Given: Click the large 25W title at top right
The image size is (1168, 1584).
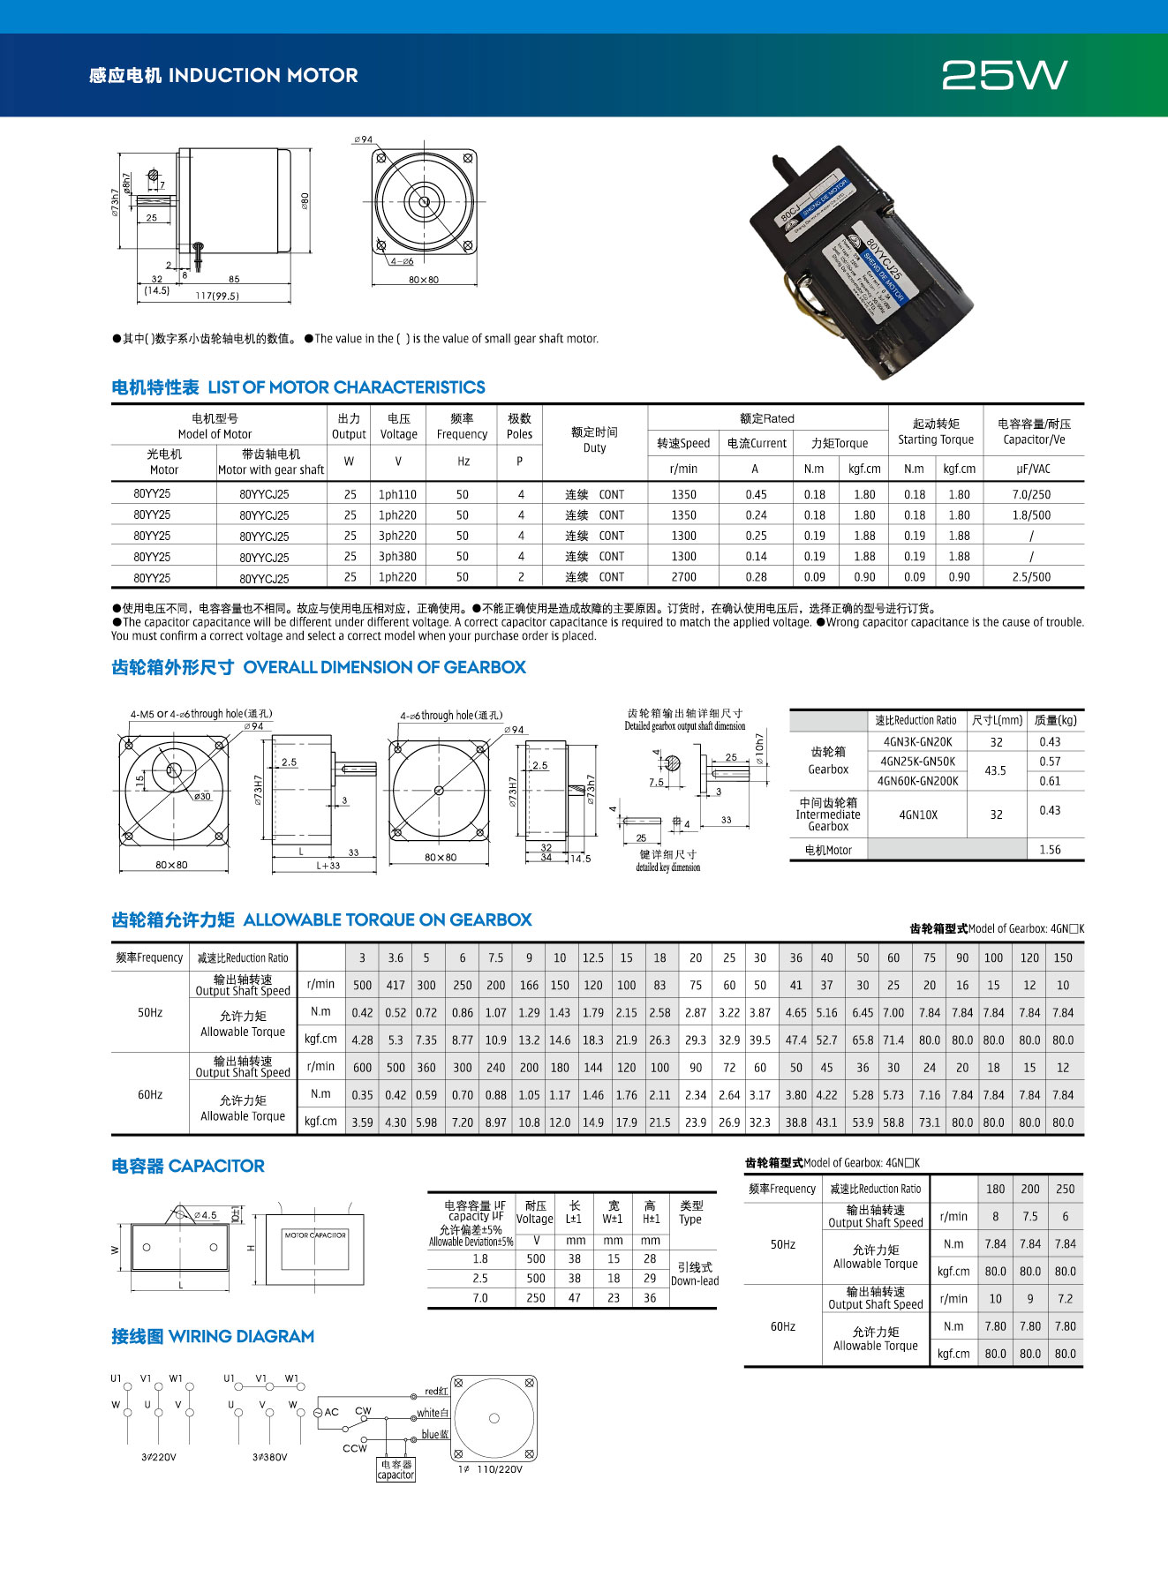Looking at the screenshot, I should [1005, 75].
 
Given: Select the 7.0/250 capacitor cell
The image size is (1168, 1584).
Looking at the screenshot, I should [1031, 494].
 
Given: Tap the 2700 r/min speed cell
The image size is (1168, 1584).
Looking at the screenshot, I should [683, 577].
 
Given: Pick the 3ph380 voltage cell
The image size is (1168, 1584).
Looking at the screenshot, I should [397, 556].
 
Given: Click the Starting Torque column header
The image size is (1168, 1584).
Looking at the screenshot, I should [936, 432].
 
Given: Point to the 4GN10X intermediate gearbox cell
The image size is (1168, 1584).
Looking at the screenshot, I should [918, 815].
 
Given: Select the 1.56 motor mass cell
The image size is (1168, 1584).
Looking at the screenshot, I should [1050, 850].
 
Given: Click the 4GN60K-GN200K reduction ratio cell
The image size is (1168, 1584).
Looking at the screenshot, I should [917, 781].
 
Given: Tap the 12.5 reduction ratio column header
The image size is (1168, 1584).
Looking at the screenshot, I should [593, 957].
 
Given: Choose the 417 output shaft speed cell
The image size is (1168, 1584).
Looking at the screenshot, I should [396, 985].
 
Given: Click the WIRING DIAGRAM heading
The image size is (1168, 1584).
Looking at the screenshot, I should [213, 1336].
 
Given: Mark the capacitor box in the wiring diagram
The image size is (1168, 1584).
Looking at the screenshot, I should [396, 1469].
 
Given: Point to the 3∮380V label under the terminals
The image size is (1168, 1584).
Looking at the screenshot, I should [269, 1457].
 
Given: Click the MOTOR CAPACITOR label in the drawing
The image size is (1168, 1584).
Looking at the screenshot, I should [315, 1235].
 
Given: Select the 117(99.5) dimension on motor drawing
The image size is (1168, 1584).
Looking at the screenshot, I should [217, 296].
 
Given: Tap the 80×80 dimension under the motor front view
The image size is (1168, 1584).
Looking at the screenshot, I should [424, 280].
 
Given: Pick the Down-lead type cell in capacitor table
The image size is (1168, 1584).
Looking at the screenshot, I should [694, 1274].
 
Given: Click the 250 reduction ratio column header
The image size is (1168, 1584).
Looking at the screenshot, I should [1066, 1189].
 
